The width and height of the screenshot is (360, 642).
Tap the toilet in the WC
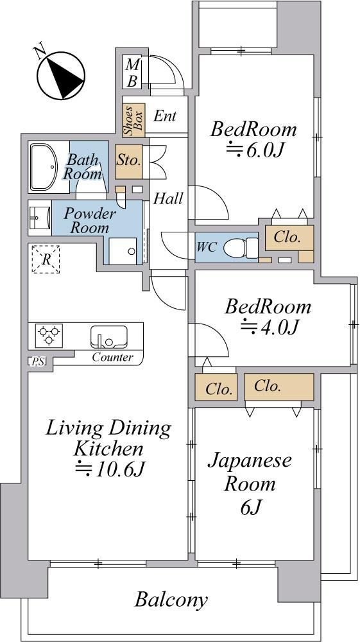(x=241, y=248)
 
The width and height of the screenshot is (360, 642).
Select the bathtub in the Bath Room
(x=44, y=167)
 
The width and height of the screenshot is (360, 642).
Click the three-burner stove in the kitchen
(x=49, y=335)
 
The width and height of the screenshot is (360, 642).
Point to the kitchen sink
(x=108, y=336)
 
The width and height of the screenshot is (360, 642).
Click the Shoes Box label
(x=133, y=120)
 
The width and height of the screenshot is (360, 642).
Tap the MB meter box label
(x=132, y=73)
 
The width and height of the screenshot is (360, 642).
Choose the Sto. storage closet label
(x=128, y=160)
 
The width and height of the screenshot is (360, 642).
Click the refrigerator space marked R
(x=46, y=259)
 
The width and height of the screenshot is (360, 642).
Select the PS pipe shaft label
(x=37, y=361)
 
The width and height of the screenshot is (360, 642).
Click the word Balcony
(x=171, y=601)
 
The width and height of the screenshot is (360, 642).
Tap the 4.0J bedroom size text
(x=269, y=326)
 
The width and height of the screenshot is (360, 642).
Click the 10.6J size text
(x=110, y=469)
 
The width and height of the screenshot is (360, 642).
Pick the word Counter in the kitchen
(x=112, y=357)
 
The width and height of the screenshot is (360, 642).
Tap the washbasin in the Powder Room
(x=40, y=218)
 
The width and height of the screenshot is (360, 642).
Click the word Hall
(x=168, y=199)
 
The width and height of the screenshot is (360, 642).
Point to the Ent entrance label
(x=165, y=116)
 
